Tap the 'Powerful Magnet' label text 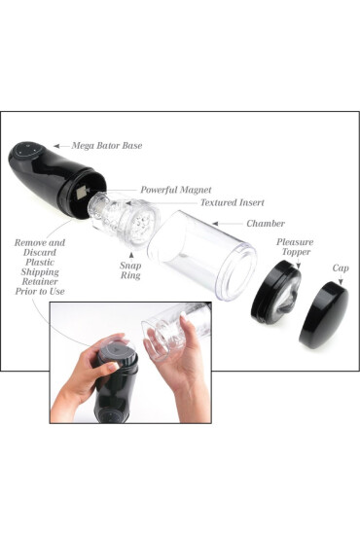tap(175, 190)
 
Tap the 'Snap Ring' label tap(129, 269)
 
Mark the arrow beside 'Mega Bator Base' tap(60, 146)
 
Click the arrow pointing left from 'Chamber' tap(227, 223)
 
